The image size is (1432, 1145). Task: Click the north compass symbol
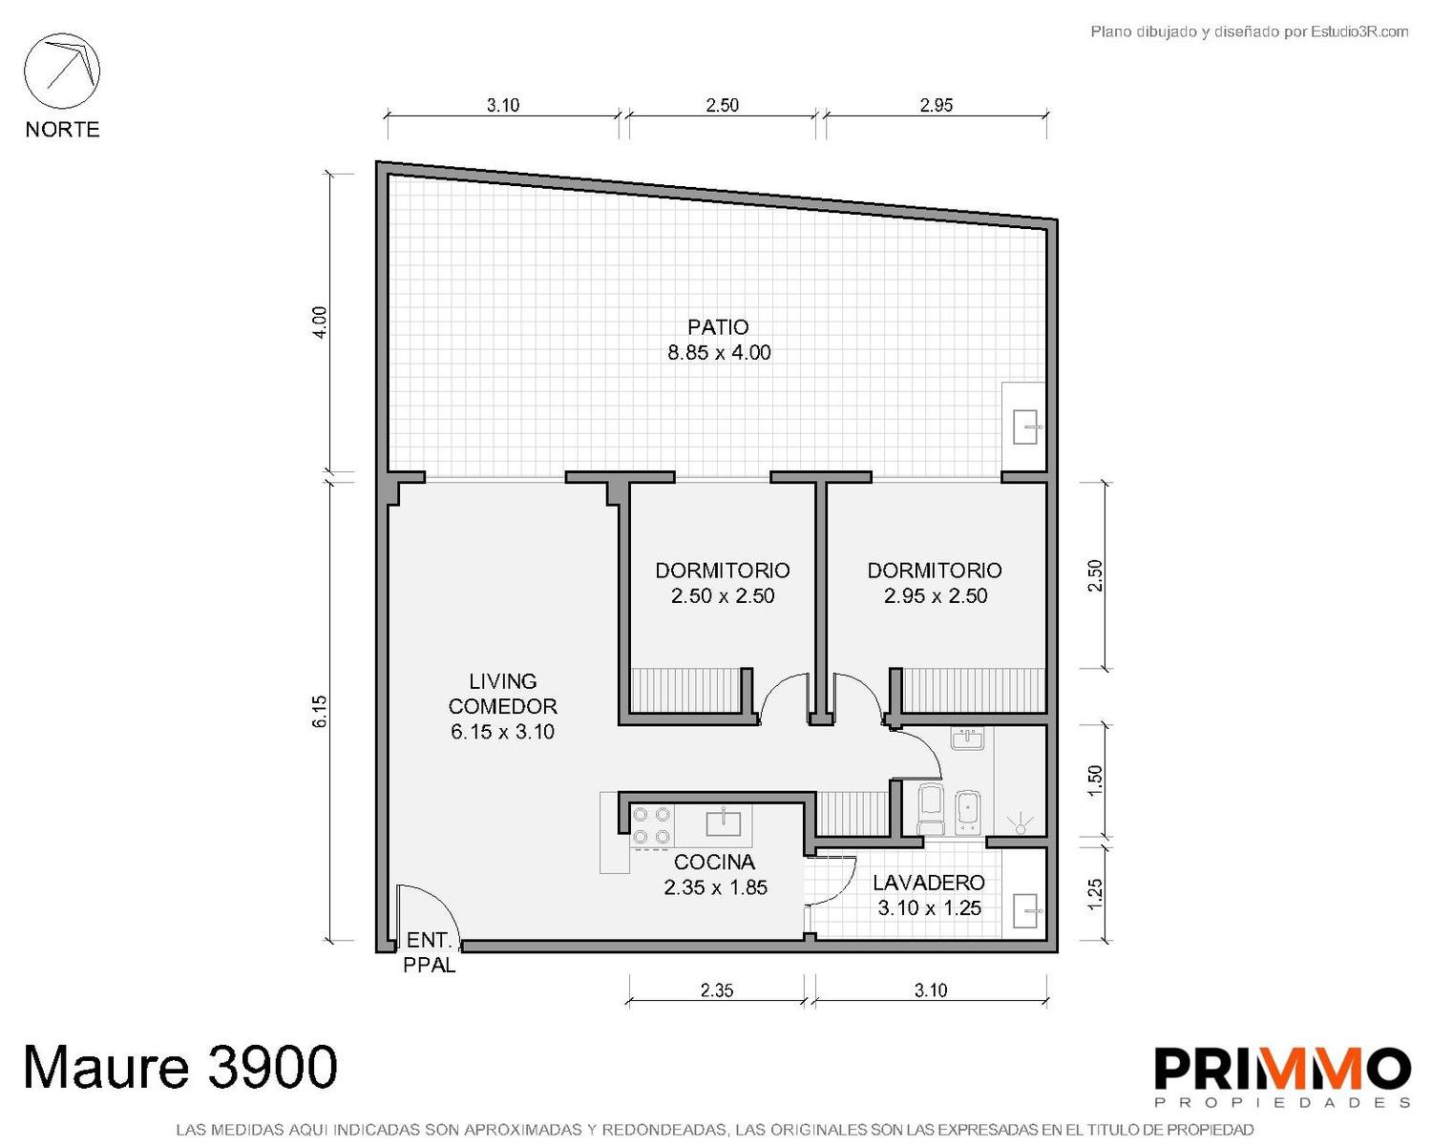(x=62, y=71)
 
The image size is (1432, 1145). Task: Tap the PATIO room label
(x=718, y=327)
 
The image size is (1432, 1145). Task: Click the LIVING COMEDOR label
(x=502, y=694)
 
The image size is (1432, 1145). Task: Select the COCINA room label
(x=715, y=863)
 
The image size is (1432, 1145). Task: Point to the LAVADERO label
(x=929, y=883)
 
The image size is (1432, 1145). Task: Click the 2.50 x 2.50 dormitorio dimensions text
(x=723, y=595)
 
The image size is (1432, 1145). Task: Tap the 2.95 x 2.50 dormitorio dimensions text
(x=936, y=595)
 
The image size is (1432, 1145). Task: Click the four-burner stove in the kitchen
(x=651, y=825)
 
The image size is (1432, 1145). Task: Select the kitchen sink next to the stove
(x=724, y=822)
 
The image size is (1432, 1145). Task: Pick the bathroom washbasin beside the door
(x=967, y=739)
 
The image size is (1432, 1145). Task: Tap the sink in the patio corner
(x=1025, y=427)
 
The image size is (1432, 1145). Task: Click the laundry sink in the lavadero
(x=1025, y=911)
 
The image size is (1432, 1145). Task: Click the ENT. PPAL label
(x=430, y=952)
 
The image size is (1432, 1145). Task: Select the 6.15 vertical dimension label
(x=320, y=711)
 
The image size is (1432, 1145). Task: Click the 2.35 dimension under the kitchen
(x=717, y=990)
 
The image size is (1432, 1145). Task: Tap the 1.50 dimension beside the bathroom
(x=1095, y=780)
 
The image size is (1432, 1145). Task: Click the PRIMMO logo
(x=1282, y=1077)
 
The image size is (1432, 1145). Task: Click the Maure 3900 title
(x=181, y=1067)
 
